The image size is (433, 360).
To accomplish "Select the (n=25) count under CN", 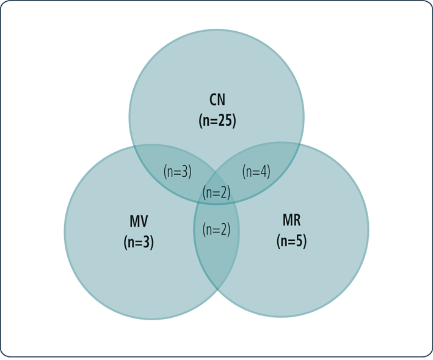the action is pos(217,120).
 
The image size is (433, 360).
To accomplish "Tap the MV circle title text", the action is pos(139,221).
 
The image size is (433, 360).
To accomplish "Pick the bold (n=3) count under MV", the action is pos(139,242).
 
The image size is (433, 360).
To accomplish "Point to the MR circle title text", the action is pos(291,221).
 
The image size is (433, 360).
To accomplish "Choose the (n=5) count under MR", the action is pos(291,241).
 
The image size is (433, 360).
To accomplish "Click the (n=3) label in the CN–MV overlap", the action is pos(178,172).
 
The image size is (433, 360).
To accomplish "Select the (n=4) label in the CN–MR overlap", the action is pos(256,172).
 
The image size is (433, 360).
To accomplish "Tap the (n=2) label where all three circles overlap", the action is pos(217,193).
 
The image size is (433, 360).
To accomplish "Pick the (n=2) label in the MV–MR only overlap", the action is pos(217,230).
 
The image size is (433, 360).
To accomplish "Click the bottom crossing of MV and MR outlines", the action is pos(217,290).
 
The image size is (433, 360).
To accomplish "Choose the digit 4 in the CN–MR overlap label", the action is pos(264,172).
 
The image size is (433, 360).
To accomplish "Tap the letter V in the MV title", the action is pos(144,221).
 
